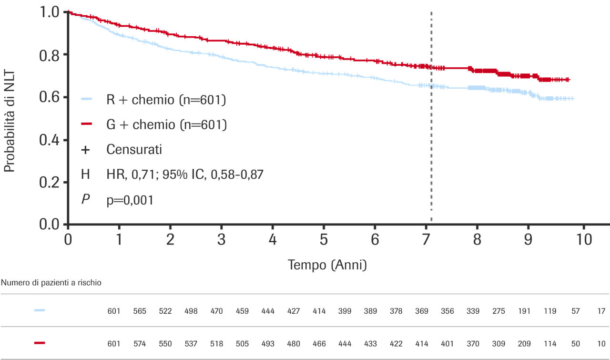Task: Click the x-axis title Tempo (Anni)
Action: tap(327, 265)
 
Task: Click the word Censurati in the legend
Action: tap(134, 150)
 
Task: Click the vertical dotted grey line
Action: tap(431, 143)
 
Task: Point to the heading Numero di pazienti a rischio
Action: tap(51, 283)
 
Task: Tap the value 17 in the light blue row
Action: tap(601, 311)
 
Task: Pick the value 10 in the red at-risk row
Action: tap(601, 343)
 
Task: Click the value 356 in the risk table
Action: tap(447, 311)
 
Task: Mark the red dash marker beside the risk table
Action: tap(40, 343)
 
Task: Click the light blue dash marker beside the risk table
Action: tap(40, 310)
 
